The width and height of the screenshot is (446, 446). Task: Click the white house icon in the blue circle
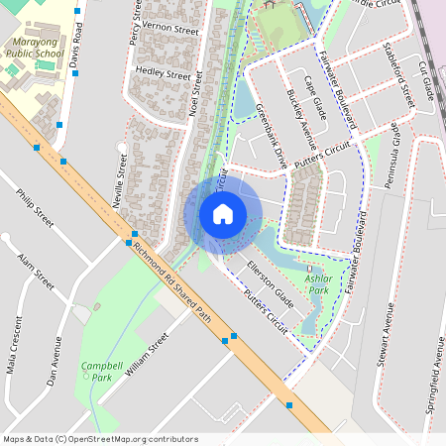tap(223, 213)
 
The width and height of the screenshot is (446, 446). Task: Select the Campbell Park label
tap(100, 371)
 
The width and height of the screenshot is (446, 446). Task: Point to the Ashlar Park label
tap(317, 284)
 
